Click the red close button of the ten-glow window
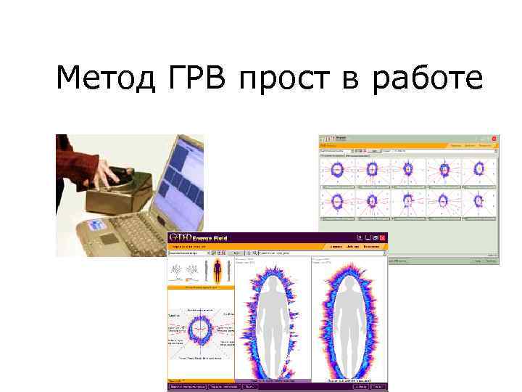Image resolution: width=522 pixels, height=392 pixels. [495, 138]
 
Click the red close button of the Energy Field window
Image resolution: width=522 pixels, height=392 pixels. [381, 237]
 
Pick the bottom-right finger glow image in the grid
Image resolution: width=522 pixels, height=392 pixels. [479, 201]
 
